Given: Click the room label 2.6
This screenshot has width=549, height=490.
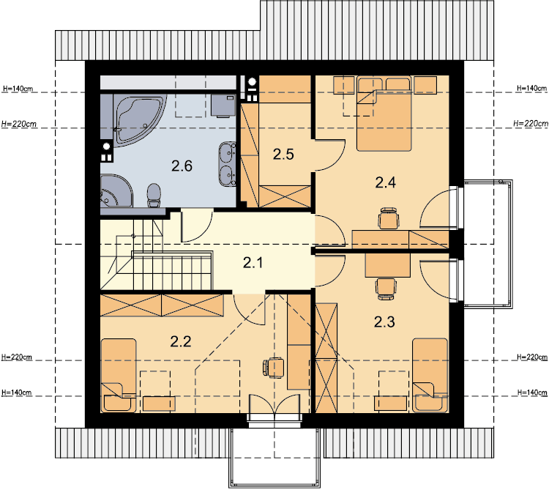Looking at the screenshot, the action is (182, 166).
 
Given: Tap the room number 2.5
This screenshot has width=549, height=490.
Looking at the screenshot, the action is (283, 154).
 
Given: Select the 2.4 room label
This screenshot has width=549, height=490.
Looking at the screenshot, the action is (385, 182).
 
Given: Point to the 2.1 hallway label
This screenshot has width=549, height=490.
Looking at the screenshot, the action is (253, 262).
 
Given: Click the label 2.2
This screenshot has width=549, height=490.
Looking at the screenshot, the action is (181, 341).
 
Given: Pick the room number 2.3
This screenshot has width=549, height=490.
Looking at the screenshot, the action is (384, 322).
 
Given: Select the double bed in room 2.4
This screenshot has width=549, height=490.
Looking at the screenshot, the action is (384, 114).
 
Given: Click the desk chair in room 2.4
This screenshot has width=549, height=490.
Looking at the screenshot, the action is (388, 218).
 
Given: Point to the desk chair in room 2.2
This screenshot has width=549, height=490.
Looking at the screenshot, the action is (273, 368).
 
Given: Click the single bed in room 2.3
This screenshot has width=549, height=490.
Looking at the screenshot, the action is (430, 375).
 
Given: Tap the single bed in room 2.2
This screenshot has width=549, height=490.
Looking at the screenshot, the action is (119, 375).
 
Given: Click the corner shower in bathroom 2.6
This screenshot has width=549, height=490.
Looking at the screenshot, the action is (116, 190).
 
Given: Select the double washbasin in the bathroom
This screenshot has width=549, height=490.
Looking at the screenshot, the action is (227, 163).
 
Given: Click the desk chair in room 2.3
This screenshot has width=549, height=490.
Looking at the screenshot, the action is (386, 289).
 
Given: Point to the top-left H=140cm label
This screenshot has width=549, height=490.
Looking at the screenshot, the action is (18, 89).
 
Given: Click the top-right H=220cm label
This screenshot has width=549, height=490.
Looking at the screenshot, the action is (531, 123).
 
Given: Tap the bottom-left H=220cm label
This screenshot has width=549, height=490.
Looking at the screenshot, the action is (16, 357).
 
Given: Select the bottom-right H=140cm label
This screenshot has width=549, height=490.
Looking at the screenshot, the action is (532, 393).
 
